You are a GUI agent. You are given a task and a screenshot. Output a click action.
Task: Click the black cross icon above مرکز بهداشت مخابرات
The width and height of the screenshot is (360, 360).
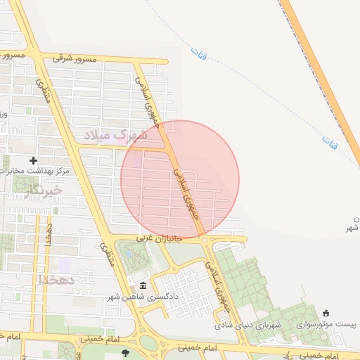(33, 160)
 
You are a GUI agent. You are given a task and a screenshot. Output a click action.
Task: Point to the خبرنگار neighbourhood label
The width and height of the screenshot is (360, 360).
(43, 191)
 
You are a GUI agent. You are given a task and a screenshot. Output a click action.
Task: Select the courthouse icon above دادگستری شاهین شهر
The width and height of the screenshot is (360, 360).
(143, 285)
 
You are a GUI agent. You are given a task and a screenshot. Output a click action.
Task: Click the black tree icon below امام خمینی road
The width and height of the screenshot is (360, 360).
(125, 353)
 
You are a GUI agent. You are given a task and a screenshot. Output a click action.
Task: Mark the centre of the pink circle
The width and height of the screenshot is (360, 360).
(180, 179)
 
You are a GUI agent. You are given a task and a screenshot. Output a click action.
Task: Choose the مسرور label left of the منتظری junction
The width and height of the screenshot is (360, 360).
(13, 54)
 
